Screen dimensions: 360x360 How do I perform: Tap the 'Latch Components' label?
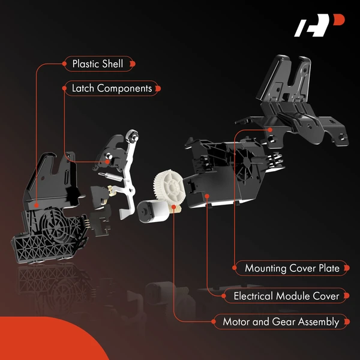[112, 88]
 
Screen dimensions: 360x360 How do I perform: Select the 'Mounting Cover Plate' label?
[292, 268]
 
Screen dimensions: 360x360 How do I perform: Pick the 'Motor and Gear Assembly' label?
[281, 322]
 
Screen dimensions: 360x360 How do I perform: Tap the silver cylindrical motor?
[152, 213]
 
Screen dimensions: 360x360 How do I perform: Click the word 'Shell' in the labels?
[112, 63]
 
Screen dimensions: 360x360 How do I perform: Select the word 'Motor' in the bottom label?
[236, 322]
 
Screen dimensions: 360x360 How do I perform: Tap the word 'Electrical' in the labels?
[248, 295]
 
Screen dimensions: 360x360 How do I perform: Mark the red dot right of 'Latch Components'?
[158, 88]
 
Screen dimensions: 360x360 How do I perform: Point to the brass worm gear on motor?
[176, 208]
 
